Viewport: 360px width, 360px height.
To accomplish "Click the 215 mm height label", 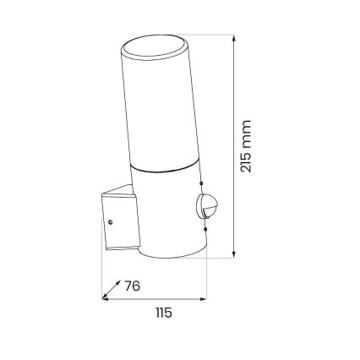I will [x=246, y=146].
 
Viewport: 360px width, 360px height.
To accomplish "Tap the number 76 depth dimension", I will [x=131, y=286].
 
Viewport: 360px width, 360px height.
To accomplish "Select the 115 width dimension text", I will [x=163, y=313].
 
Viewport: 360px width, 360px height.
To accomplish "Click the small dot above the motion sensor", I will [x=203, y=183].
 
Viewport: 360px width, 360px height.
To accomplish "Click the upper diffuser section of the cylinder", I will [x=162, y=110].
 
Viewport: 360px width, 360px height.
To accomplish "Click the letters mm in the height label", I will [x=246, y=130].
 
